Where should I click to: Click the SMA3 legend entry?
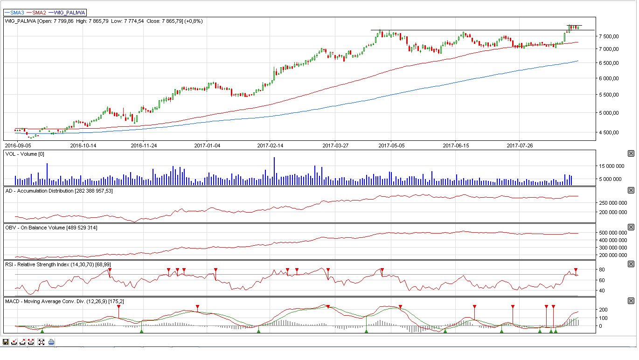click(x=14, y=13)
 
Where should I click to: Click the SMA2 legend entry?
click(x=36, y=13)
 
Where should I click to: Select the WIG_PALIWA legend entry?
click(x=67, y=13)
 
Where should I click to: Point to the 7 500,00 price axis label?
click(x=609, y=36)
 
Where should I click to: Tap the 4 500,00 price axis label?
click(x=609, y=132)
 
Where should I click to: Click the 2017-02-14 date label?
click(x=270, y=146)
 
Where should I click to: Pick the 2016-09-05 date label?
click(x=18, y=146)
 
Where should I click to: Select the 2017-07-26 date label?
click(x=520, y=146)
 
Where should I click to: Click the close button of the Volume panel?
click(x=631, y=154)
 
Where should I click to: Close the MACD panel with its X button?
click(x=631, y=301)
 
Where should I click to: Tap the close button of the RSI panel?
click(x=631, y=264)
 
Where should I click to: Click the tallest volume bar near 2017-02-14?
click(x=274, y=171)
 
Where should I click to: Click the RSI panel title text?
click(x=58, y=265)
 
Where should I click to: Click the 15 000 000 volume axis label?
click(x=611, y=166)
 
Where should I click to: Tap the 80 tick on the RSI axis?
click(x=602, y=270)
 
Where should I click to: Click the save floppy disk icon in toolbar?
click(x=6, y=342)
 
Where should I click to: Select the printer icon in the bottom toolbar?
click(x=51, y=342)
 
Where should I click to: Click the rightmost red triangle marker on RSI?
click(x=576, y=270)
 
